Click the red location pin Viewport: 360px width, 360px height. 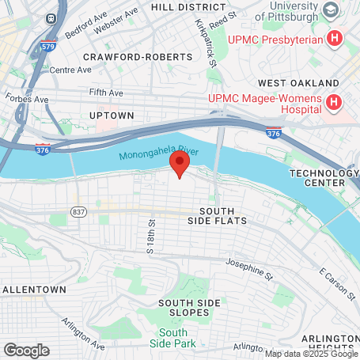(x=180, y=165)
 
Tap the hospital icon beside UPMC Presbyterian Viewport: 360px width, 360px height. (x=335, y=37)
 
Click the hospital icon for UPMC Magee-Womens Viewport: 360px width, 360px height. (x=335, y=103)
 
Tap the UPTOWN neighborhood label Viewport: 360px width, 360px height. (x=112, y=115)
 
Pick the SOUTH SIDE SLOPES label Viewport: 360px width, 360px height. (x=195, y=308)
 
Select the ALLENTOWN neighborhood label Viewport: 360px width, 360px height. (x=33, y=290)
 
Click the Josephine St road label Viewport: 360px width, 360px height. (x=248, y=264)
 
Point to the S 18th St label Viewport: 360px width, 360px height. (x=150, y=237)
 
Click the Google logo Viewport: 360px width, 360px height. (x=26, y=350)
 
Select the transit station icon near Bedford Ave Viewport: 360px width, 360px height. (x=52, y=17)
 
